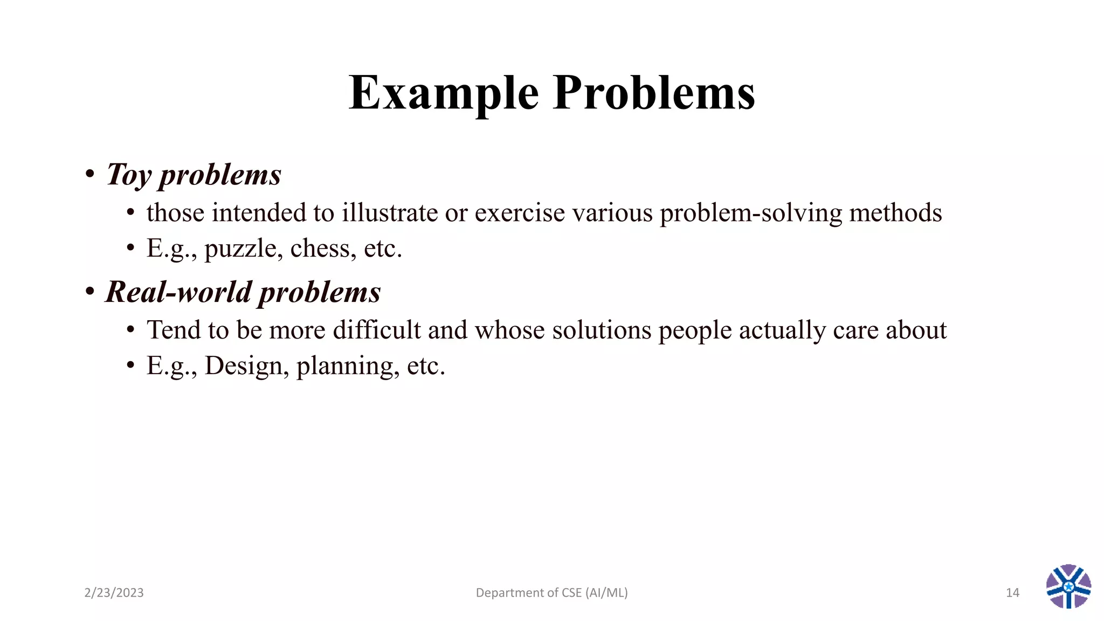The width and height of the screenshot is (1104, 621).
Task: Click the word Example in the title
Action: (443, 93)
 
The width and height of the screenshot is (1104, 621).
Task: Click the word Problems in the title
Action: (654, 93)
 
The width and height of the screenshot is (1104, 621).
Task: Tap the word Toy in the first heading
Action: (129, 175)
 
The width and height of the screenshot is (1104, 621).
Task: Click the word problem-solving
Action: (751, 212)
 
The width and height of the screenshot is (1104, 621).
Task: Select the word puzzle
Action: (240, 249)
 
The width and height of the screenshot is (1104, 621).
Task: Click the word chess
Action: (320, 249)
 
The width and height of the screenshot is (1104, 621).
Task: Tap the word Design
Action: (244, 366)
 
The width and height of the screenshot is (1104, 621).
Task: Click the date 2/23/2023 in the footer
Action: (114, 593)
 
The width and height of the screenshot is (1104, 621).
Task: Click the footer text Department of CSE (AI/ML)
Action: (551, 593)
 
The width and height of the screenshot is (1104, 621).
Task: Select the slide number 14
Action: (1012, 593)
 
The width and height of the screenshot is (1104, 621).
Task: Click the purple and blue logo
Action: (1068, 586)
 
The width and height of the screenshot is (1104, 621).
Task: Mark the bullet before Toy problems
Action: (90, 174)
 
